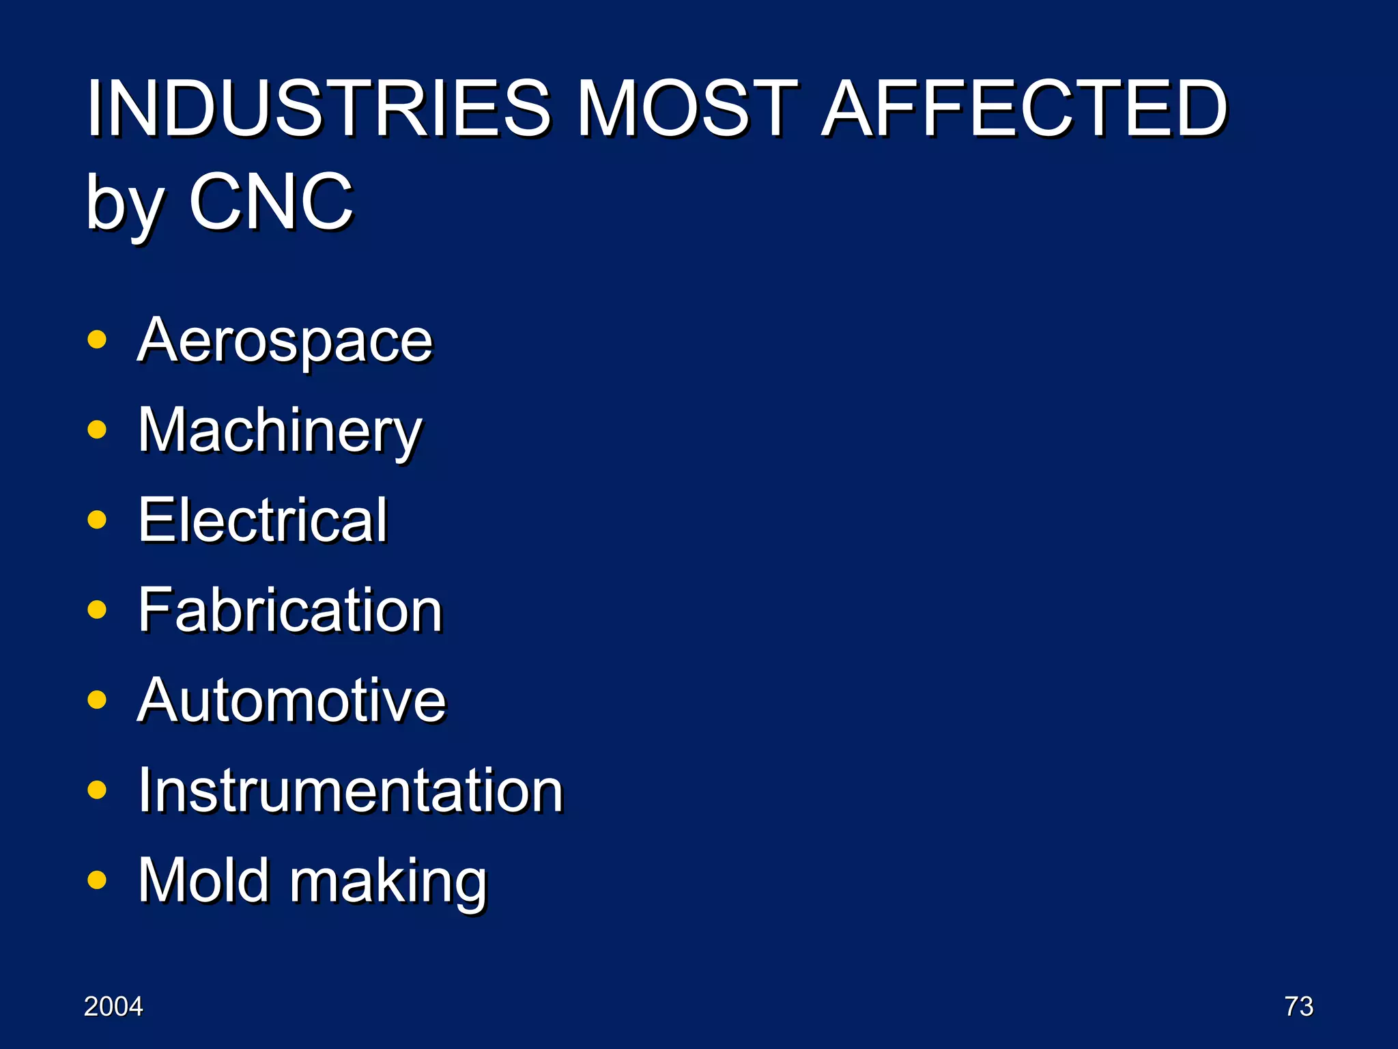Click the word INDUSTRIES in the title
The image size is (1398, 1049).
coord(318,108)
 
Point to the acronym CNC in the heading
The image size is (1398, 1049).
coord(271,201)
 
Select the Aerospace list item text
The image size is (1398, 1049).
coord(285,341)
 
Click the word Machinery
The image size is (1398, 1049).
coord(280,431)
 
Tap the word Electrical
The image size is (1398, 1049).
coord(263,520)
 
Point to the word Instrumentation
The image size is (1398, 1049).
coord(350,790)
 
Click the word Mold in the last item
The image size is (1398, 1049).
coord(203,880)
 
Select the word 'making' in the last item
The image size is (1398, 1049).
coord(389,882)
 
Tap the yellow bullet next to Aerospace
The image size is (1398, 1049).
coord(98,339)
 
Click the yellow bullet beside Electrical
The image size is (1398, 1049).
coord(98,520)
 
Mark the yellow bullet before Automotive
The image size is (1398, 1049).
coord(98,699)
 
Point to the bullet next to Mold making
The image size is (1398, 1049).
coord(98,880)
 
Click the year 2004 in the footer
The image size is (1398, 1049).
coord(113,1007)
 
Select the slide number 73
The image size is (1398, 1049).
coord(1298,1007)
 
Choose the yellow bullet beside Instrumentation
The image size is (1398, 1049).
coord(98,789)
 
